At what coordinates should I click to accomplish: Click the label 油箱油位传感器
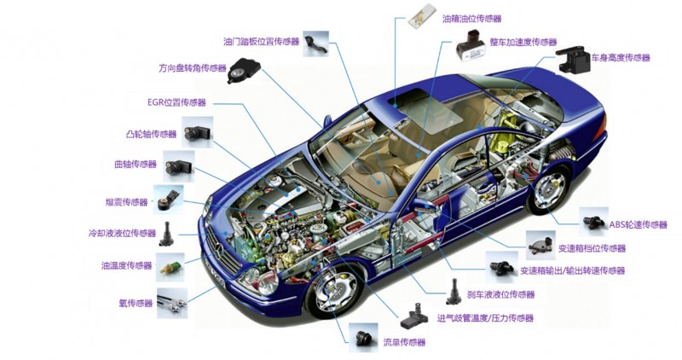pos(472,19)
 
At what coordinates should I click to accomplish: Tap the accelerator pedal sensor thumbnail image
pos(315,44)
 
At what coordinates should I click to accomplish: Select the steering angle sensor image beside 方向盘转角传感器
pos(244,71)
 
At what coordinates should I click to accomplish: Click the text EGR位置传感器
pos(176,102)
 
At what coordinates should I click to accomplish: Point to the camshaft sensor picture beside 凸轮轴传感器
pos(198,132)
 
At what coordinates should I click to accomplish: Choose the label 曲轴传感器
pos(136,164)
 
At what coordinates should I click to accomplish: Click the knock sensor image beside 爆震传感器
pos(168,200)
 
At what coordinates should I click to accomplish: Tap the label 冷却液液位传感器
pos(122,234)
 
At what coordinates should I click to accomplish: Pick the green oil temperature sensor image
pos(170,267)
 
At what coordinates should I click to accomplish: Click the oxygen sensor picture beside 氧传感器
pos(172,303)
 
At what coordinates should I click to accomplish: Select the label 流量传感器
pos(404,343)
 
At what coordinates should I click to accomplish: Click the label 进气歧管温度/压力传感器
pos(485,318)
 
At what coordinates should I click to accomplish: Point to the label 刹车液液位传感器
pos(500,294)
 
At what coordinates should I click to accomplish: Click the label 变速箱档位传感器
pos(592,248)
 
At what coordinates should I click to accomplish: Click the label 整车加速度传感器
pos(523,42)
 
